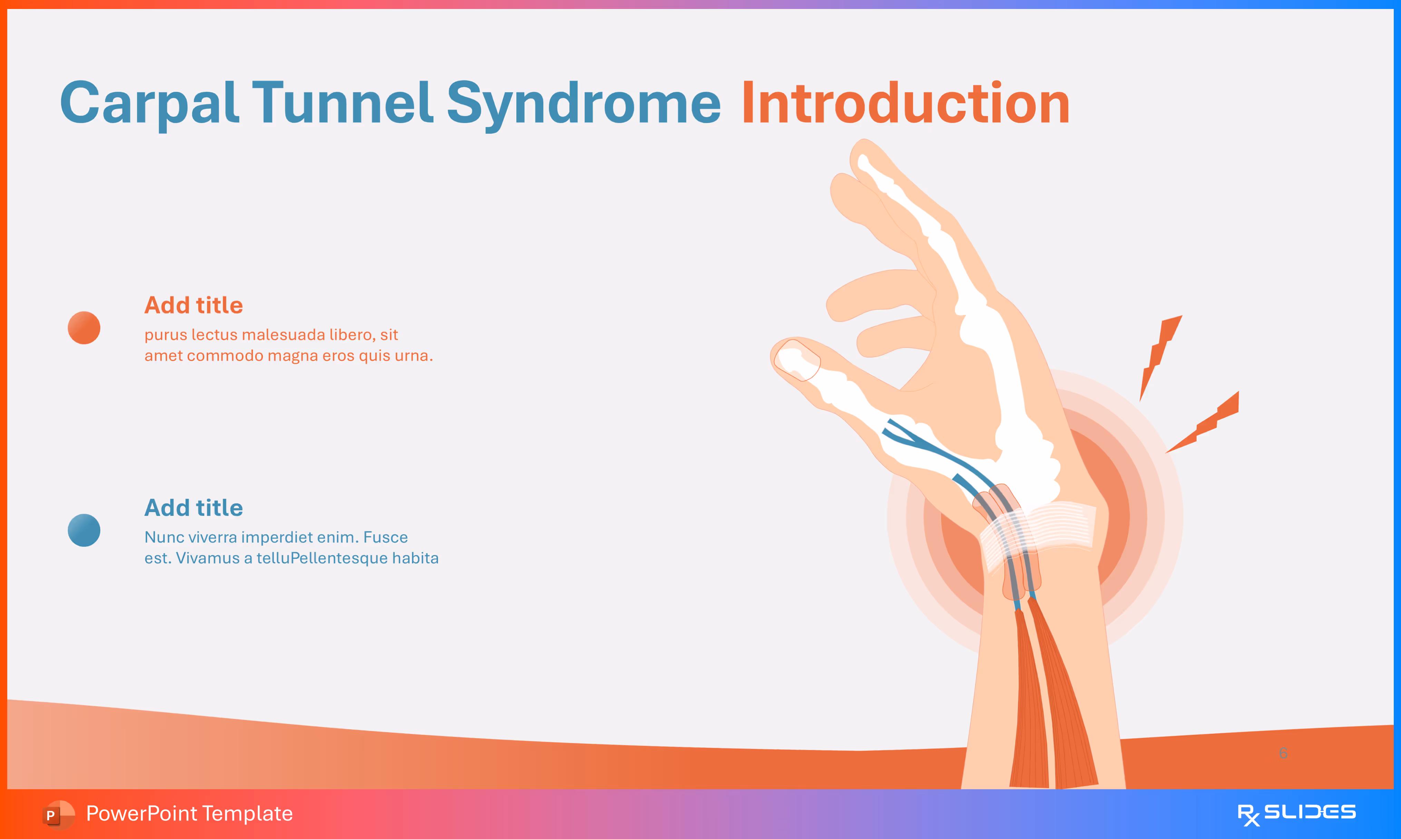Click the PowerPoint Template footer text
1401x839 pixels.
(189, 813)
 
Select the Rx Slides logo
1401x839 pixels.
(1296, 813)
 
